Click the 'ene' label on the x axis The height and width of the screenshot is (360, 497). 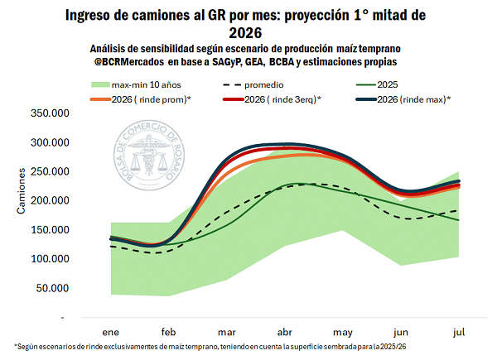point(110,330)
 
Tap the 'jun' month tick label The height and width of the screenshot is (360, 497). point(403,330)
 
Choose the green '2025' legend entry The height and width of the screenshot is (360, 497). point(389,84)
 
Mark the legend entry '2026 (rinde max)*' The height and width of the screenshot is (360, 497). point(405,99)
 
